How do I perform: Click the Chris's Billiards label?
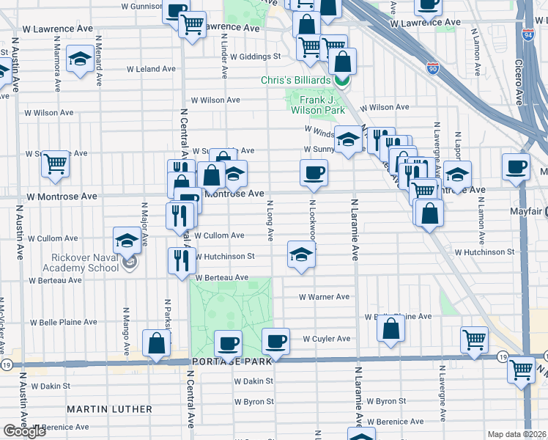[295, 79]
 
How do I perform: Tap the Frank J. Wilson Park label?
[318, 104]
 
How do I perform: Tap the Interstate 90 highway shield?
[433, 67]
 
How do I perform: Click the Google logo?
[24, 431]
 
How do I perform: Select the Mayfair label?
[525, 211]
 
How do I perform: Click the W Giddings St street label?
[255, 56]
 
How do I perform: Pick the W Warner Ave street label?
[324, 297]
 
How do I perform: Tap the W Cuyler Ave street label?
[326, 339]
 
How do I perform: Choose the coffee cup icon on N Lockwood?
[314, 173]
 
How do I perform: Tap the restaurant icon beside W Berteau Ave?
[181, 260]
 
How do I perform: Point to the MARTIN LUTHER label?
[110, 408]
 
